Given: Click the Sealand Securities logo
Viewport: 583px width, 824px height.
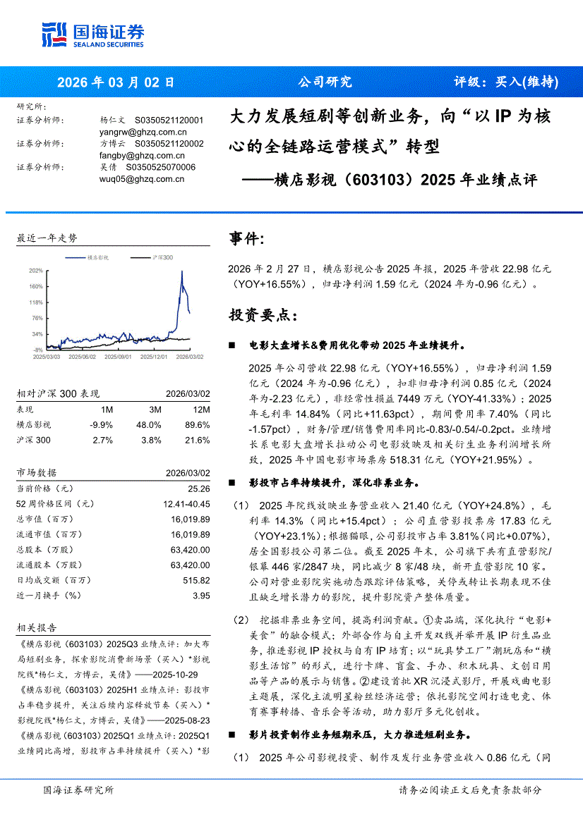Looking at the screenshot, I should coord(93,32).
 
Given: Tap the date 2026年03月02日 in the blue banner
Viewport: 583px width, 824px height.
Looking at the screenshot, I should coord(115,81).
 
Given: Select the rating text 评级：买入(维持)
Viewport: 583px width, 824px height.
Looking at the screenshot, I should coord(505,81).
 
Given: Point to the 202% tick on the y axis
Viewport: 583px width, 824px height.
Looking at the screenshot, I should coord(35,271).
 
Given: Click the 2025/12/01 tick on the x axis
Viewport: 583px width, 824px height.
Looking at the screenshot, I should coord(154,357).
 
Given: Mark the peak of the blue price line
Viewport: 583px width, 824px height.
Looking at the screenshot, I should coord(182,271).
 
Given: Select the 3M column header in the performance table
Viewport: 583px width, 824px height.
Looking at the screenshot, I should coord(155,410).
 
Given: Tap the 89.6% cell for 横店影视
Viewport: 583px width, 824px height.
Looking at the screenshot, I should coord(197,425).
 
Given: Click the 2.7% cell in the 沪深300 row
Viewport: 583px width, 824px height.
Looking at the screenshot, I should coord(102,441).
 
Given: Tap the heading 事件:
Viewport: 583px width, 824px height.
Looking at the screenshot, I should coord(247,240).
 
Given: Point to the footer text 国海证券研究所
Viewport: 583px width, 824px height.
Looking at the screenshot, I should coord(78,790).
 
